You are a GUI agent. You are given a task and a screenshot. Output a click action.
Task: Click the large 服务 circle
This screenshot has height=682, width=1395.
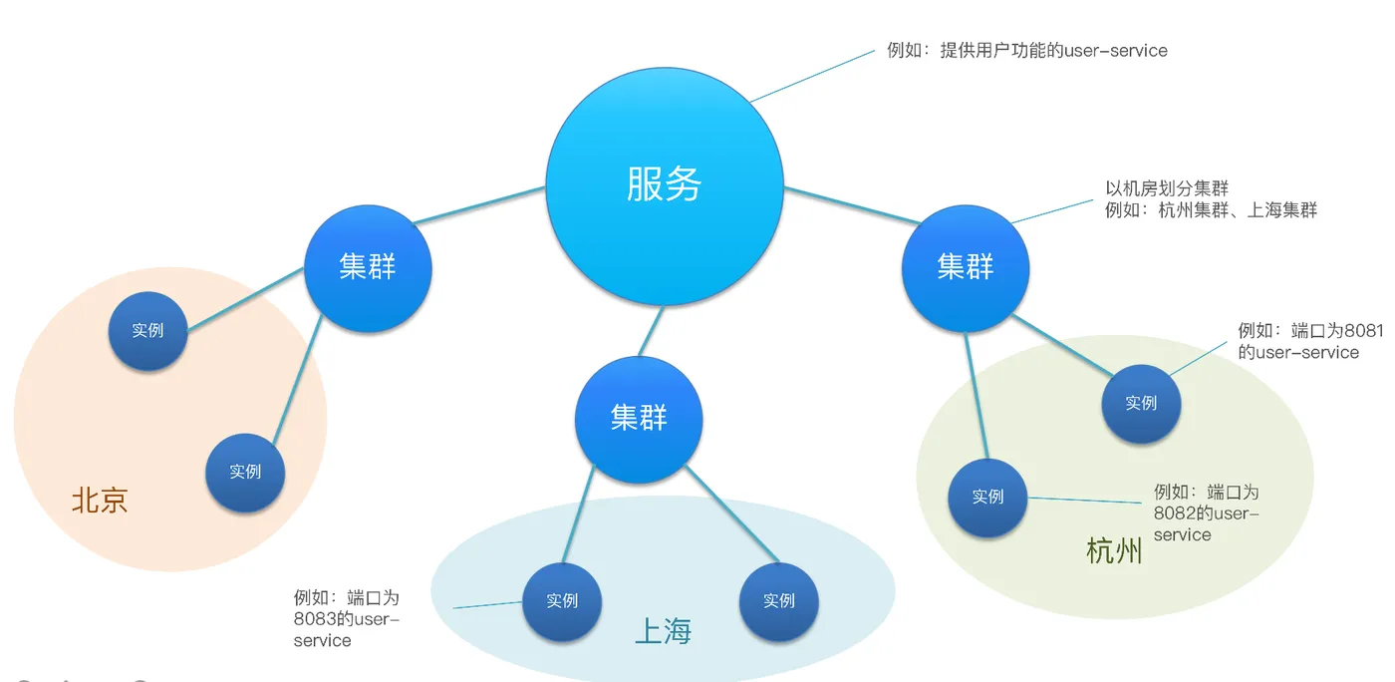[665, 184]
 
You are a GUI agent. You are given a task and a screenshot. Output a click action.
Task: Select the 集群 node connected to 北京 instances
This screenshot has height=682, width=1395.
[368, 267]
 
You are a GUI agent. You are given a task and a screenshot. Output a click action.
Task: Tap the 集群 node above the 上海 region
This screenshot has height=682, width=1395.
[639, 418]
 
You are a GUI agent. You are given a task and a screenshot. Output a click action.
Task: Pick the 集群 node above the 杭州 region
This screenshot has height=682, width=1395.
[966, 267]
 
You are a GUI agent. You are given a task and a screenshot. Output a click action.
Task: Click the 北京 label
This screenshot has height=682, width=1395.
[100, 500]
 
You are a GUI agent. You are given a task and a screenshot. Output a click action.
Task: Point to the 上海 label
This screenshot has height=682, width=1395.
[663, 630]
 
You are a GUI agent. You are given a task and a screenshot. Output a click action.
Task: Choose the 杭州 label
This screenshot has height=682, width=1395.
[1114, 550]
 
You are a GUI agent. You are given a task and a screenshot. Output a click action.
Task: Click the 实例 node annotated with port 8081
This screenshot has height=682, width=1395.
[1141, 403]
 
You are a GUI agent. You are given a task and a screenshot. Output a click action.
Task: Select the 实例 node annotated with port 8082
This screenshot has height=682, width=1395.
[987, 497]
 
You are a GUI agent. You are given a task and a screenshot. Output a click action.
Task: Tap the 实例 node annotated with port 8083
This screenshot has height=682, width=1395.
[562, 600]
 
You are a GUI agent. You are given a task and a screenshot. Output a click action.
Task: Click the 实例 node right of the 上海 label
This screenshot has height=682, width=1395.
[779, 600]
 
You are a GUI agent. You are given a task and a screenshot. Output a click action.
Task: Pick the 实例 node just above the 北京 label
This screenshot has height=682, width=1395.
[245, 472]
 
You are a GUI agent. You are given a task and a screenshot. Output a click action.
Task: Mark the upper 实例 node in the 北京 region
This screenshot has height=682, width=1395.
[147, 330]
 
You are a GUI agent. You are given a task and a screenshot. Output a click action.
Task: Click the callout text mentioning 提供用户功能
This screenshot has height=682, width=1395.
[1026, 50]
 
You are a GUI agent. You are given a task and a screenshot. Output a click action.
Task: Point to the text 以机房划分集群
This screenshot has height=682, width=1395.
[1167, 188]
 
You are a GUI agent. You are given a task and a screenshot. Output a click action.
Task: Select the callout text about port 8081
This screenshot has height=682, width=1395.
[1297, 341]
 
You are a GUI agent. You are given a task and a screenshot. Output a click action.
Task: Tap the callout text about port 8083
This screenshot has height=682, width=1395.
[346, 619]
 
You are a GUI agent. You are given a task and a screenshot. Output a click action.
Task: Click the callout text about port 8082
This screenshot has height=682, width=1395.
[1206, 512]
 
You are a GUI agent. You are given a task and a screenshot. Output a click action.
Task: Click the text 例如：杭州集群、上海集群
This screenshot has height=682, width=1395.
[1211, 210]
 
